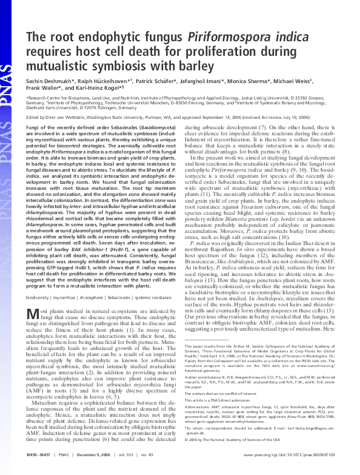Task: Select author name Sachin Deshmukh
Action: point(49,81)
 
